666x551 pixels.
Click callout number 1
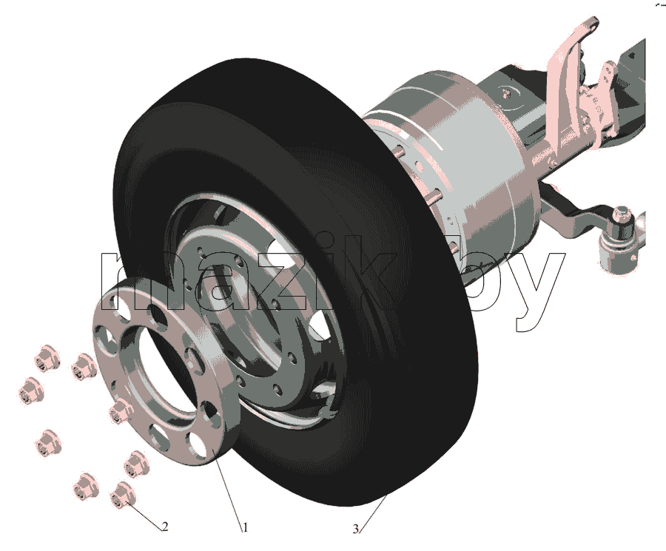[x=245, y=527]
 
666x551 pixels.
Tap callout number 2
[x=165, y=527]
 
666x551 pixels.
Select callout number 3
[x=355, y=529]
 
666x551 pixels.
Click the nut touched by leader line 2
[x=122, y=496]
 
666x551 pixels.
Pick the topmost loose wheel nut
[x=47, y=359]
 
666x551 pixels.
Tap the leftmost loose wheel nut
[x=32, y=391]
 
